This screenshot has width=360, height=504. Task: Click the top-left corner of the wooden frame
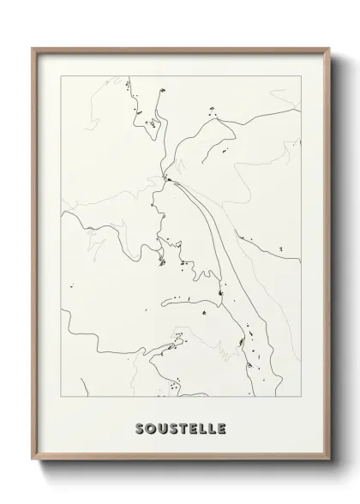coord(32,48)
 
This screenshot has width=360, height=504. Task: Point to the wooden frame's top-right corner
coord(328,48)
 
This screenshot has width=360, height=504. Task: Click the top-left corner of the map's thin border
coord(62,75)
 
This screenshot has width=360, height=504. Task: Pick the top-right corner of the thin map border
coord(299,75)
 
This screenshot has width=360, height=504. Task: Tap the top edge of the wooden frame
coord(180,49)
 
